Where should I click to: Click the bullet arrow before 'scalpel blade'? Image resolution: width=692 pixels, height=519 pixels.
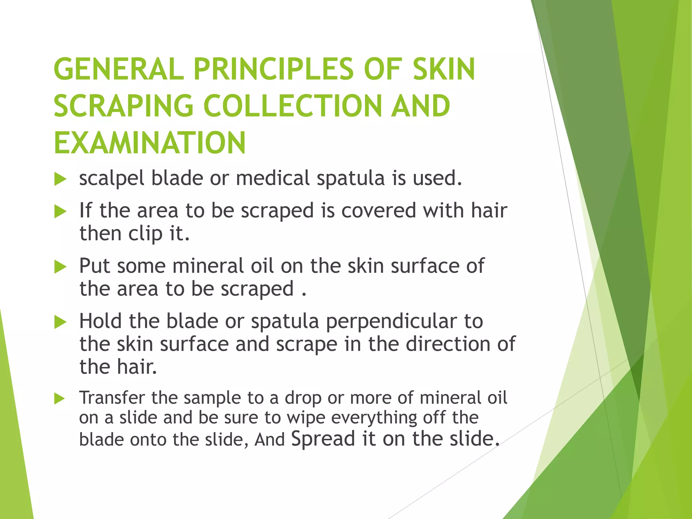tap(60, 179)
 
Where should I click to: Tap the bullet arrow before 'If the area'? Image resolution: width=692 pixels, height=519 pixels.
tap(60, 212)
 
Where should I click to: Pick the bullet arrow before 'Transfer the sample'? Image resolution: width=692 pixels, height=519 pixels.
tap(59, 399)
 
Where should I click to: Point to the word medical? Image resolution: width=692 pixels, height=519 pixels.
tap(272, 178)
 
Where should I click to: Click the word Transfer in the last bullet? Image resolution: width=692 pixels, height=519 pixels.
tap(112, 398)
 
